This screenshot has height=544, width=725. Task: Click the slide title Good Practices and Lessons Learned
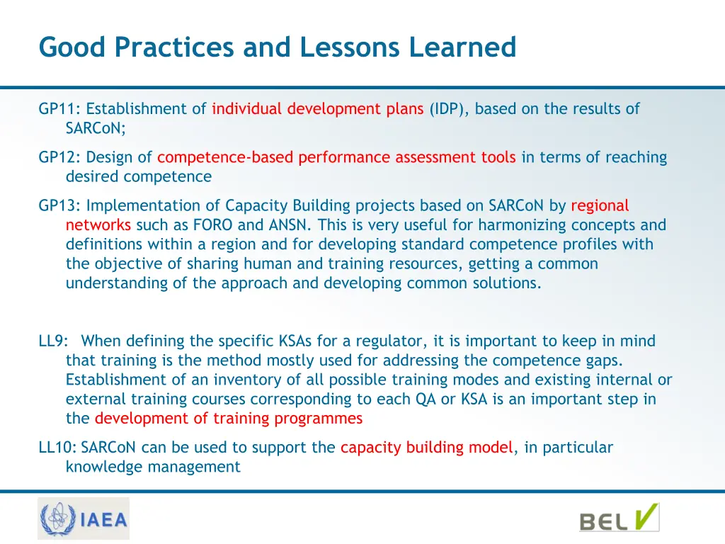[278, 47]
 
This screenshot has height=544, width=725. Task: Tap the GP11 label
[60, 109]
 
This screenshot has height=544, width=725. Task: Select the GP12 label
[60, 157]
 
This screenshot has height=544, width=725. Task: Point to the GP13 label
[60, 205]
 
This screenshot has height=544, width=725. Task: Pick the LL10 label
[57, 447]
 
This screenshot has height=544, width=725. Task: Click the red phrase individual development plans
[317, 109]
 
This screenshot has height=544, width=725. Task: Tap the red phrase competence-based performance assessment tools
[336, 157]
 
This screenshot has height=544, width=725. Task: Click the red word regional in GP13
[600, 205]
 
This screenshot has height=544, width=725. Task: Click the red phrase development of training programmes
[228, 418]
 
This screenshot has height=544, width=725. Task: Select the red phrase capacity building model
[427, 447]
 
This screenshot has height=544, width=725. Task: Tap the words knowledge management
[153, 467]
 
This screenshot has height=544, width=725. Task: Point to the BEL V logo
[619, 519]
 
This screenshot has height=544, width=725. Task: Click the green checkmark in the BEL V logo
[645, 516]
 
